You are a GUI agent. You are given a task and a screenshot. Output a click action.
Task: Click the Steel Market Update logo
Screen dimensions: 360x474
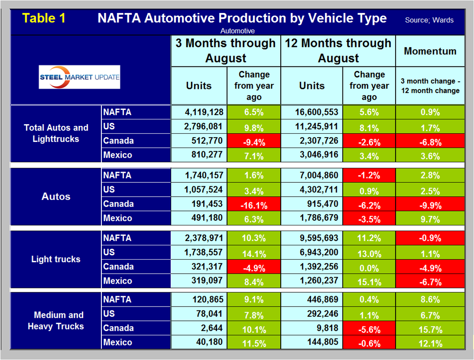(x=79, y=77)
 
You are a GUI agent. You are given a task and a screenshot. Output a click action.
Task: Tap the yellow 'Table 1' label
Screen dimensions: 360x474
(x=44, y=19)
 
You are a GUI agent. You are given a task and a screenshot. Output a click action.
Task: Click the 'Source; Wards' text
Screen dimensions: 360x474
(x=429, y=20)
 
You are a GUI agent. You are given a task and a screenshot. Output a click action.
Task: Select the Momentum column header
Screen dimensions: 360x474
(x=430, y=51)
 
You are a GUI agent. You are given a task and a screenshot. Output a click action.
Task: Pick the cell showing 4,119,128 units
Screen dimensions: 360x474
(x=199, y=112)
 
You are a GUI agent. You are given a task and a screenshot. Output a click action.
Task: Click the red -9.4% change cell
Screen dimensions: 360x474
(x=254, y=141)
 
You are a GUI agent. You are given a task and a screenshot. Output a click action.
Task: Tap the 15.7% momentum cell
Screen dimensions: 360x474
(x=430, y=329)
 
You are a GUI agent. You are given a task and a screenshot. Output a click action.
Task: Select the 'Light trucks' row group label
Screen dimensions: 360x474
(x=56, y=259)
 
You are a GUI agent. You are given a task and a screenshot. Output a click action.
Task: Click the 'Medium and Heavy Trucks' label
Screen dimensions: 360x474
(x=56, y=320)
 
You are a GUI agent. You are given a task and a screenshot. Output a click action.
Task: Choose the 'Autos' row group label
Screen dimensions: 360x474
(x=56, y=197)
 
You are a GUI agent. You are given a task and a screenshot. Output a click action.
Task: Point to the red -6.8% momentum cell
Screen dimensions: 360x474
(x=430, y=141)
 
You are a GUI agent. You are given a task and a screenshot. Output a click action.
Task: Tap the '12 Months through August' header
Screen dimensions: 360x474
(x=338, y=50)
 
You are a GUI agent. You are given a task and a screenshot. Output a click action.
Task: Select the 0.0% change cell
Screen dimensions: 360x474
(x=369, y=267)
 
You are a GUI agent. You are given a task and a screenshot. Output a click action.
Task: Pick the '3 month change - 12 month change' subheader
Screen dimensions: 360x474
(x=430, y=86)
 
